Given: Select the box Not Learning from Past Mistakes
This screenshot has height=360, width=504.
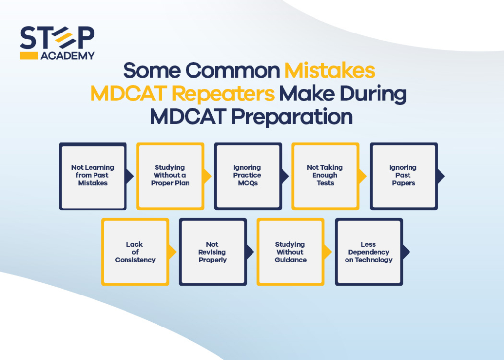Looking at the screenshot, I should [93, 176].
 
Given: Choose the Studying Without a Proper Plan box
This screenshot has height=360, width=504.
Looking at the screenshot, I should [170, 176].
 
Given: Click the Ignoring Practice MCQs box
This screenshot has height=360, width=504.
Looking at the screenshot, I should [248, 176].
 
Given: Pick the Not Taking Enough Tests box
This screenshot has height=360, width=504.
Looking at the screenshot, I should [325, 176].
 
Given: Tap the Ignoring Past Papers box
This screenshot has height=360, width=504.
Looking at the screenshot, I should [403, 176].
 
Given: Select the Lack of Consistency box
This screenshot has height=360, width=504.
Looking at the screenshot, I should [135, 252].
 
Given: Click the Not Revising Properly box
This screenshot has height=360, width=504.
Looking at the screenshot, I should [213, 252].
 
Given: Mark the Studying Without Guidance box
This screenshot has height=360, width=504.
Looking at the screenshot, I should [290, 252].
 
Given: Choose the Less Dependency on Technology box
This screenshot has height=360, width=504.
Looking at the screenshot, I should [369, 252].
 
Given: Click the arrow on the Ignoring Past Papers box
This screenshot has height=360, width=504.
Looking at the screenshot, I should [441, 176].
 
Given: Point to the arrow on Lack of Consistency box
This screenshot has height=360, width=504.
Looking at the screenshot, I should [172, 252].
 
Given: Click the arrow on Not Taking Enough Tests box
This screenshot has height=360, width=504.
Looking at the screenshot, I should [363, 176].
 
